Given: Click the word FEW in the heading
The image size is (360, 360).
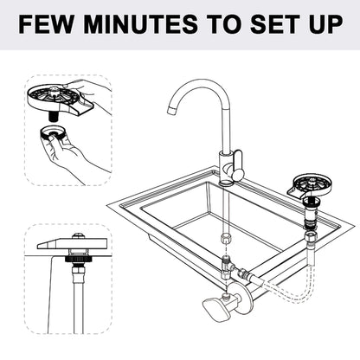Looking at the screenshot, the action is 46,24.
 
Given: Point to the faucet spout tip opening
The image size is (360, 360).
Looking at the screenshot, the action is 172,110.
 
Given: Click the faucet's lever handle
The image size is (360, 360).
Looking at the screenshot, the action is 238,164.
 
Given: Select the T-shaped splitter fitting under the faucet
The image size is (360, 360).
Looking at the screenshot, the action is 227,266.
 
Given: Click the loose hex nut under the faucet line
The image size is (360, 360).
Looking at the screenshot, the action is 225,240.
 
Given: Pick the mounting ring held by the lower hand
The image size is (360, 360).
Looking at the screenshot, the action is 53,133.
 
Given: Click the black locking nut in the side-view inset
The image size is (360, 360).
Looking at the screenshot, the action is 77,259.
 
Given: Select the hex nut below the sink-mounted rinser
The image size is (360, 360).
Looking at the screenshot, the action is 310,236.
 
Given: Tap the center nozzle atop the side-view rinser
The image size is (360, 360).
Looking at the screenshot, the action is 78,236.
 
